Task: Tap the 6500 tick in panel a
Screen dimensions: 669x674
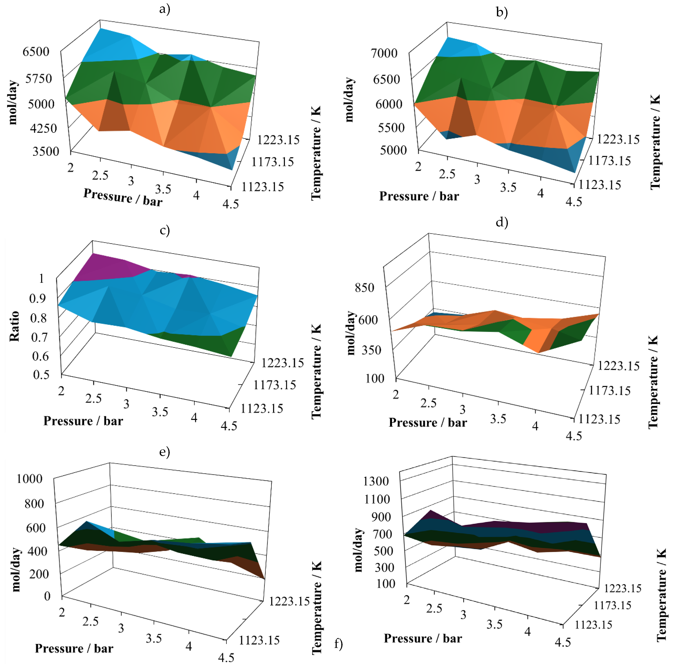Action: (36, 52)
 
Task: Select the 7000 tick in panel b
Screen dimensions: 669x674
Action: (384, 53)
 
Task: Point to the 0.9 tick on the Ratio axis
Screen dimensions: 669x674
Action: (38, 298)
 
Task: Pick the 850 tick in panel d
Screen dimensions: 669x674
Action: (364, 288)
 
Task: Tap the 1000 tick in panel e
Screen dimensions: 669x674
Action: (30, 479)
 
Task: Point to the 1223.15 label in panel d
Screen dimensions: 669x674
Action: (618, 366)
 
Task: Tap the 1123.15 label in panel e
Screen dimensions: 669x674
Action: (259, 640)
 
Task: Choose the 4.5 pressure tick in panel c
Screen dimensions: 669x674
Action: (229, 426)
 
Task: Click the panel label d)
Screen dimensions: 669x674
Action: (502, 222)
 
